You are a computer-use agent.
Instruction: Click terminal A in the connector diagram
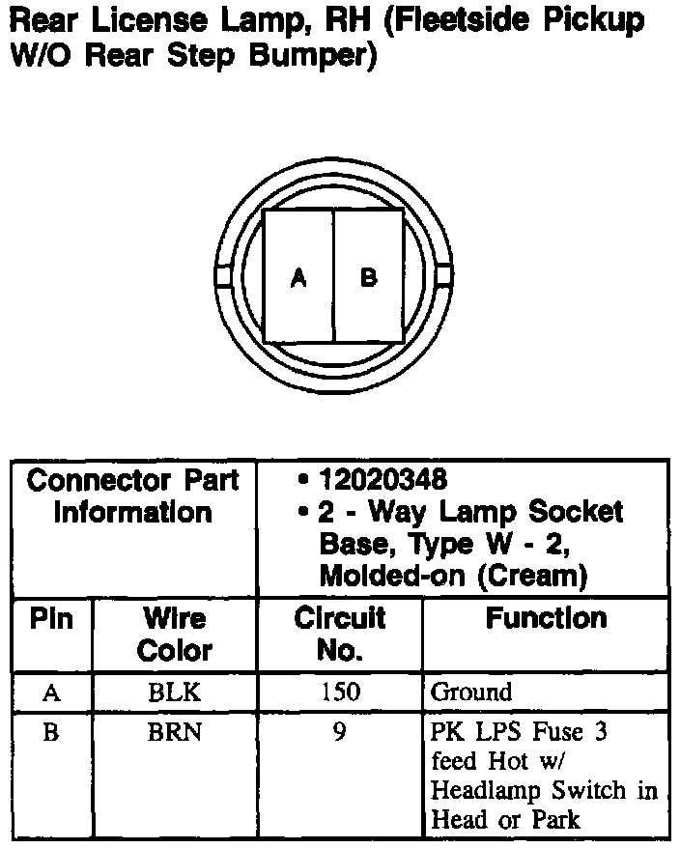(298, 277)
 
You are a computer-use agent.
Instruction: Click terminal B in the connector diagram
(369, 277)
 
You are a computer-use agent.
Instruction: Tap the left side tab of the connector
(221, 276)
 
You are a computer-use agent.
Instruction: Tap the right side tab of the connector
(444, 276)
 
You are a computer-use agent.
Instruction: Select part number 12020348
(384, 479)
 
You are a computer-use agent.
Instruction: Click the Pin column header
(51, 619)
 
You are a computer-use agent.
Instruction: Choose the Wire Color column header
(174, 634)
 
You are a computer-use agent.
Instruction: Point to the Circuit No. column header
(339, 634)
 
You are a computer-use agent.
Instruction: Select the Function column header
(546, 618)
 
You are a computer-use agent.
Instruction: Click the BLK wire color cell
(174, 693)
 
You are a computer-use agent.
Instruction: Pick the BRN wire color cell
(174, 733)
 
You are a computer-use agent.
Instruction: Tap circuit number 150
(339, 693)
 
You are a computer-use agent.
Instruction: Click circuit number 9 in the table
(339, 733)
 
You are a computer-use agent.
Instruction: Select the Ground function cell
(471, 693)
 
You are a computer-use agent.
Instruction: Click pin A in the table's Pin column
(51, 693)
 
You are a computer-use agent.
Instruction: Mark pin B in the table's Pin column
(51, 733)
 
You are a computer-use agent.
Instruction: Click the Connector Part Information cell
(133, 495)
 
